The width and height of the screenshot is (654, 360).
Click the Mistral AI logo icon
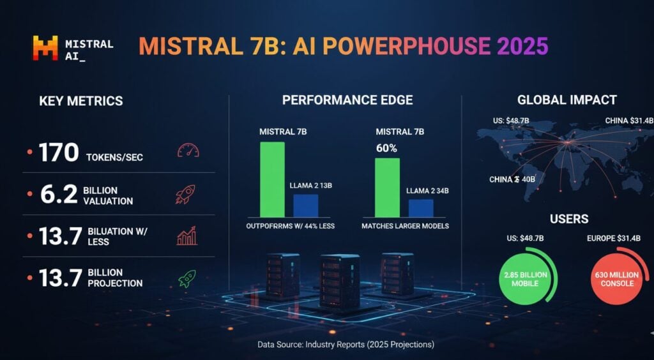[45, 49]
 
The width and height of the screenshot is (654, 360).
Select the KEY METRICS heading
[81, 101]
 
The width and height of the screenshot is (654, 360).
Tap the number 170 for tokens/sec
[58, 153]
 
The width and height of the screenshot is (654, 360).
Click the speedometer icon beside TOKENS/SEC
[188, 151]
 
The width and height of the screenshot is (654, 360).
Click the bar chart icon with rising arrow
[186, 237]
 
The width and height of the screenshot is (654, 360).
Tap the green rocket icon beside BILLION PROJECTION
[186, 278]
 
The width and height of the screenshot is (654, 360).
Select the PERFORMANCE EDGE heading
[347, 100]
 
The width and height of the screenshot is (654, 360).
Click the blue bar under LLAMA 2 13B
[305, 206]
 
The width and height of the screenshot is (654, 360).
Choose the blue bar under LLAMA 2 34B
[421, 208]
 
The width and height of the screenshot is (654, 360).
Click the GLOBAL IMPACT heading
[567, 100]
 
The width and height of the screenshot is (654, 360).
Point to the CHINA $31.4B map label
[629, 120]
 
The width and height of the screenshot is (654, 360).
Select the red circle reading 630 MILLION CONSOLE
[617, 279]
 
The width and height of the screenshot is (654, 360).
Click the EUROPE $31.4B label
[617, 240]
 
